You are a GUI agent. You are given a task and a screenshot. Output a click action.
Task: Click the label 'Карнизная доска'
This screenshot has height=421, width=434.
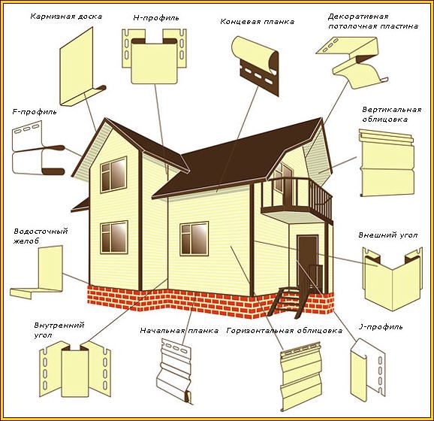[x=66, y=17]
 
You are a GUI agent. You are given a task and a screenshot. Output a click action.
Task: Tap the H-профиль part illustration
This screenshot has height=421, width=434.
[x=154, y=56]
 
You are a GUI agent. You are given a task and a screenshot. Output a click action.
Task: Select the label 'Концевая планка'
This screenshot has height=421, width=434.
[x=257, y=22]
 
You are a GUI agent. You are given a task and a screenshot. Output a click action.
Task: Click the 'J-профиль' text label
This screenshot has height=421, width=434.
[x=381, y=327]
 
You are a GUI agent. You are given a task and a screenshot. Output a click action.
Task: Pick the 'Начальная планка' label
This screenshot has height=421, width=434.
[x=179, y=331]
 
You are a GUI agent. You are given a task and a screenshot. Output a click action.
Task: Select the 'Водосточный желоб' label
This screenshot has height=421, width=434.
[x=41, y=236]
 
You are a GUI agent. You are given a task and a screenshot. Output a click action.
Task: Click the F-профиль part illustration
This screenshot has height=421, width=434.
[x=38, y=150]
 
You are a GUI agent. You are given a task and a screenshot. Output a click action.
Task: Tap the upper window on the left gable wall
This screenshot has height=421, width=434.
[x=113, y=174]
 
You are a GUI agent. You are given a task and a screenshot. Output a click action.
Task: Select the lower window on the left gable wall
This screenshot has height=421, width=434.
[x=114, y=238]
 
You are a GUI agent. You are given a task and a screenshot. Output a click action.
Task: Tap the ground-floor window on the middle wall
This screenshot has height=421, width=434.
[x=194, y=238]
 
